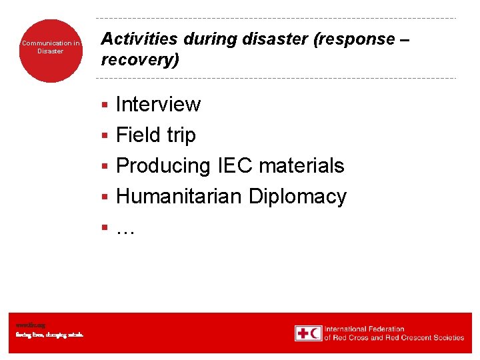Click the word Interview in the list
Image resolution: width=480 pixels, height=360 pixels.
[x=158, y=105]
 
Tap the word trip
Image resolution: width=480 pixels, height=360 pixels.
[x=181, y=135]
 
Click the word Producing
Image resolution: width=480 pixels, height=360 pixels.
[x=163, y=166]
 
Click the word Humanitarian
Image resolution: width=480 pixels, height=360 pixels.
[x=179, y=197]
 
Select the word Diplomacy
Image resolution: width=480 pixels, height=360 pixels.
[x=297, y=197]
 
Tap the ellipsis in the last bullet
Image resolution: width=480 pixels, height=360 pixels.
[x=125, y=229]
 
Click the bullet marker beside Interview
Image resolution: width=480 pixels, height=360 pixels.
[x=104, y=105]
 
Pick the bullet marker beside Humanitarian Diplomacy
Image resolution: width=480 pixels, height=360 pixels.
[x=104, y=197]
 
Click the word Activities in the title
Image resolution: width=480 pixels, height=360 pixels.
[x=139, y=39]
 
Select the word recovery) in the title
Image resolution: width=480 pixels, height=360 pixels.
[x=140, y=60]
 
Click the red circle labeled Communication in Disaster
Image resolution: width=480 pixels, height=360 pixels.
[x=51, y=51]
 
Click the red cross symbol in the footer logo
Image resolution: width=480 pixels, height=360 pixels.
[x=303, y=333]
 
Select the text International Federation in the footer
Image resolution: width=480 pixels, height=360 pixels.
[x=364, y=329]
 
